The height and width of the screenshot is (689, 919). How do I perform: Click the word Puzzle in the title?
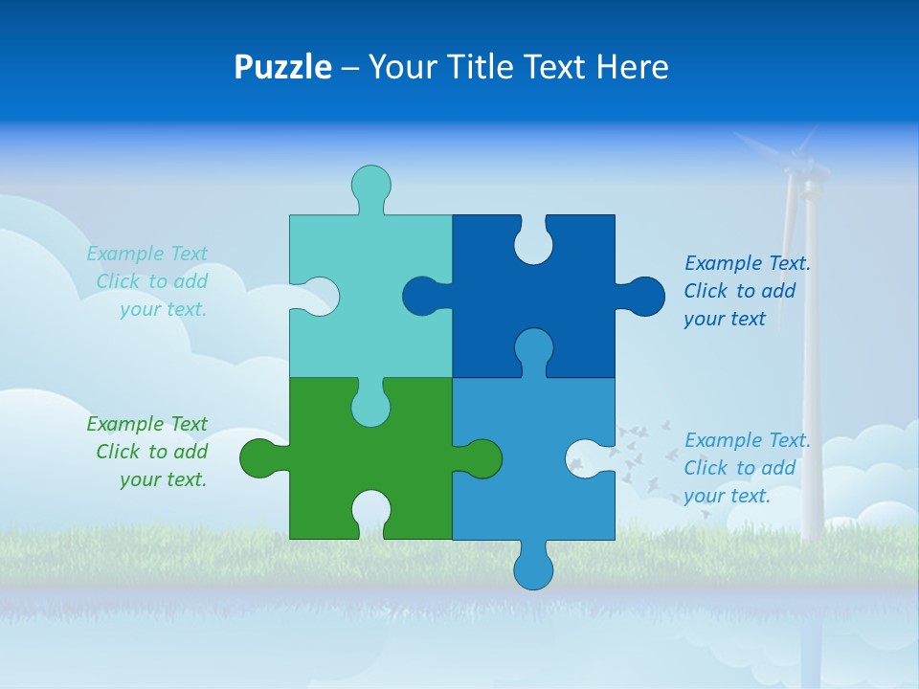click(282, 67)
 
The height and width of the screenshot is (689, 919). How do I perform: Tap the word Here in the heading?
click(632, 67)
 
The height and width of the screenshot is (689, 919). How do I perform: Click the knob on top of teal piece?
click(371, 184)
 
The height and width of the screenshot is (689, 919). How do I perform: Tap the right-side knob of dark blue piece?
click(644, 296)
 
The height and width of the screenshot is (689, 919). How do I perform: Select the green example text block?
click(148, 452)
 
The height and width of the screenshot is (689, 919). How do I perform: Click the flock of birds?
click(632, 455)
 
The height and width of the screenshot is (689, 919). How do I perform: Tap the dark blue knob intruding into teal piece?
click(420, 296)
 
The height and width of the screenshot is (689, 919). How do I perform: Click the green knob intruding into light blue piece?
click(482, 458)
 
